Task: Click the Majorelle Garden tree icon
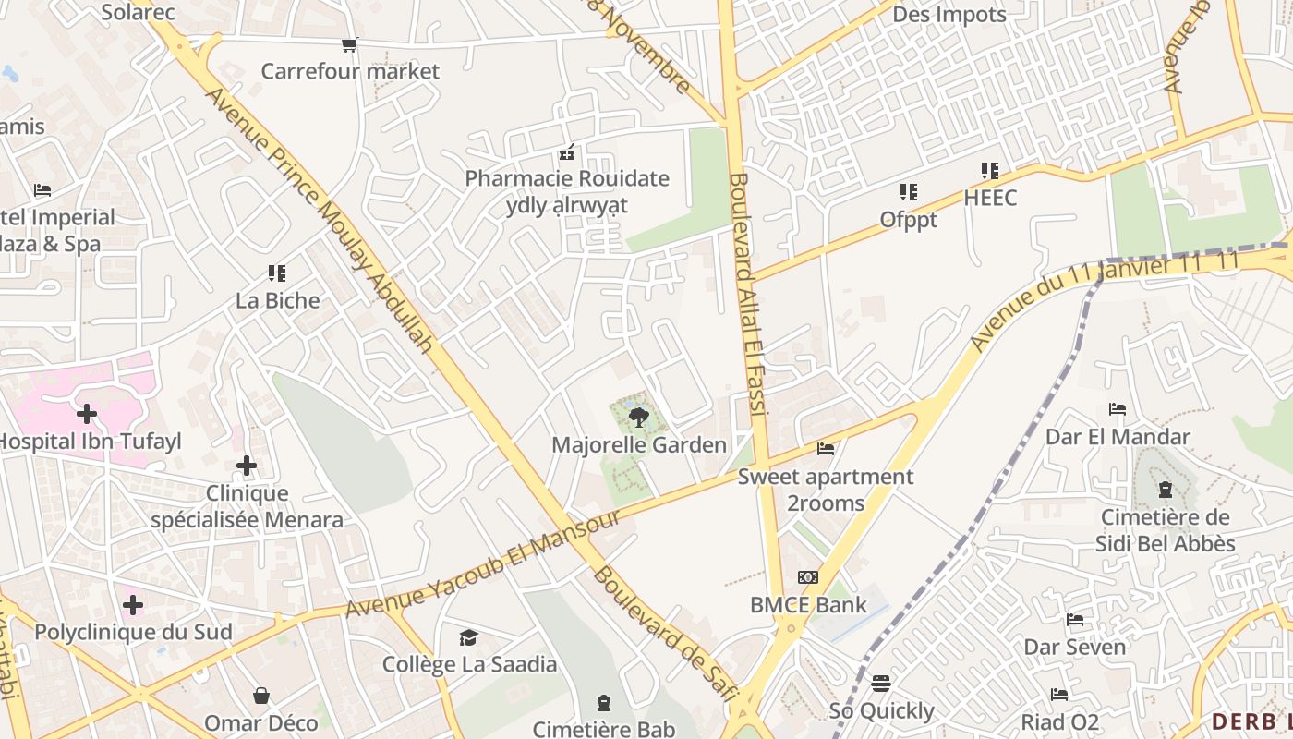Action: (637, 418)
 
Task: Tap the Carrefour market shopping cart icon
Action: (349, 44)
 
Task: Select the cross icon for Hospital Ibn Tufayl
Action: (87, 414)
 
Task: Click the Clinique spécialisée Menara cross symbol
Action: (246, 466)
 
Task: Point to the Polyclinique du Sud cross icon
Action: (133, 605)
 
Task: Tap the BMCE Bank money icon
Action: (808, 577)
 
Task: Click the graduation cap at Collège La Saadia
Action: (469, 637)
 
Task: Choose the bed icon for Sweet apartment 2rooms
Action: (826, 449)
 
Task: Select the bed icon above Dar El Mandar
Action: (1118, 409)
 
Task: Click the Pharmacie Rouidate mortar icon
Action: (567, 151)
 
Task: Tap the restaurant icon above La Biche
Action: (277, 273)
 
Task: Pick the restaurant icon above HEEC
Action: (990, 171)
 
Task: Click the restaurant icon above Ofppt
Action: (909, 192)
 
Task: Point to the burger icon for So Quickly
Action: (881, 684)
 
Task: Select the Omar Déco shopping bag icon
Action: (261, 695)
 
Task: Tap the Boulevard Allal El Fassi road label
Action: (748, 296)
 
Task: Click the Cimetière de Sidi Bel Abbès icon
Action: (1166, 490)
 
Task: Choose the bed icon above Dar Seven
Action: (1075, 619)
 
